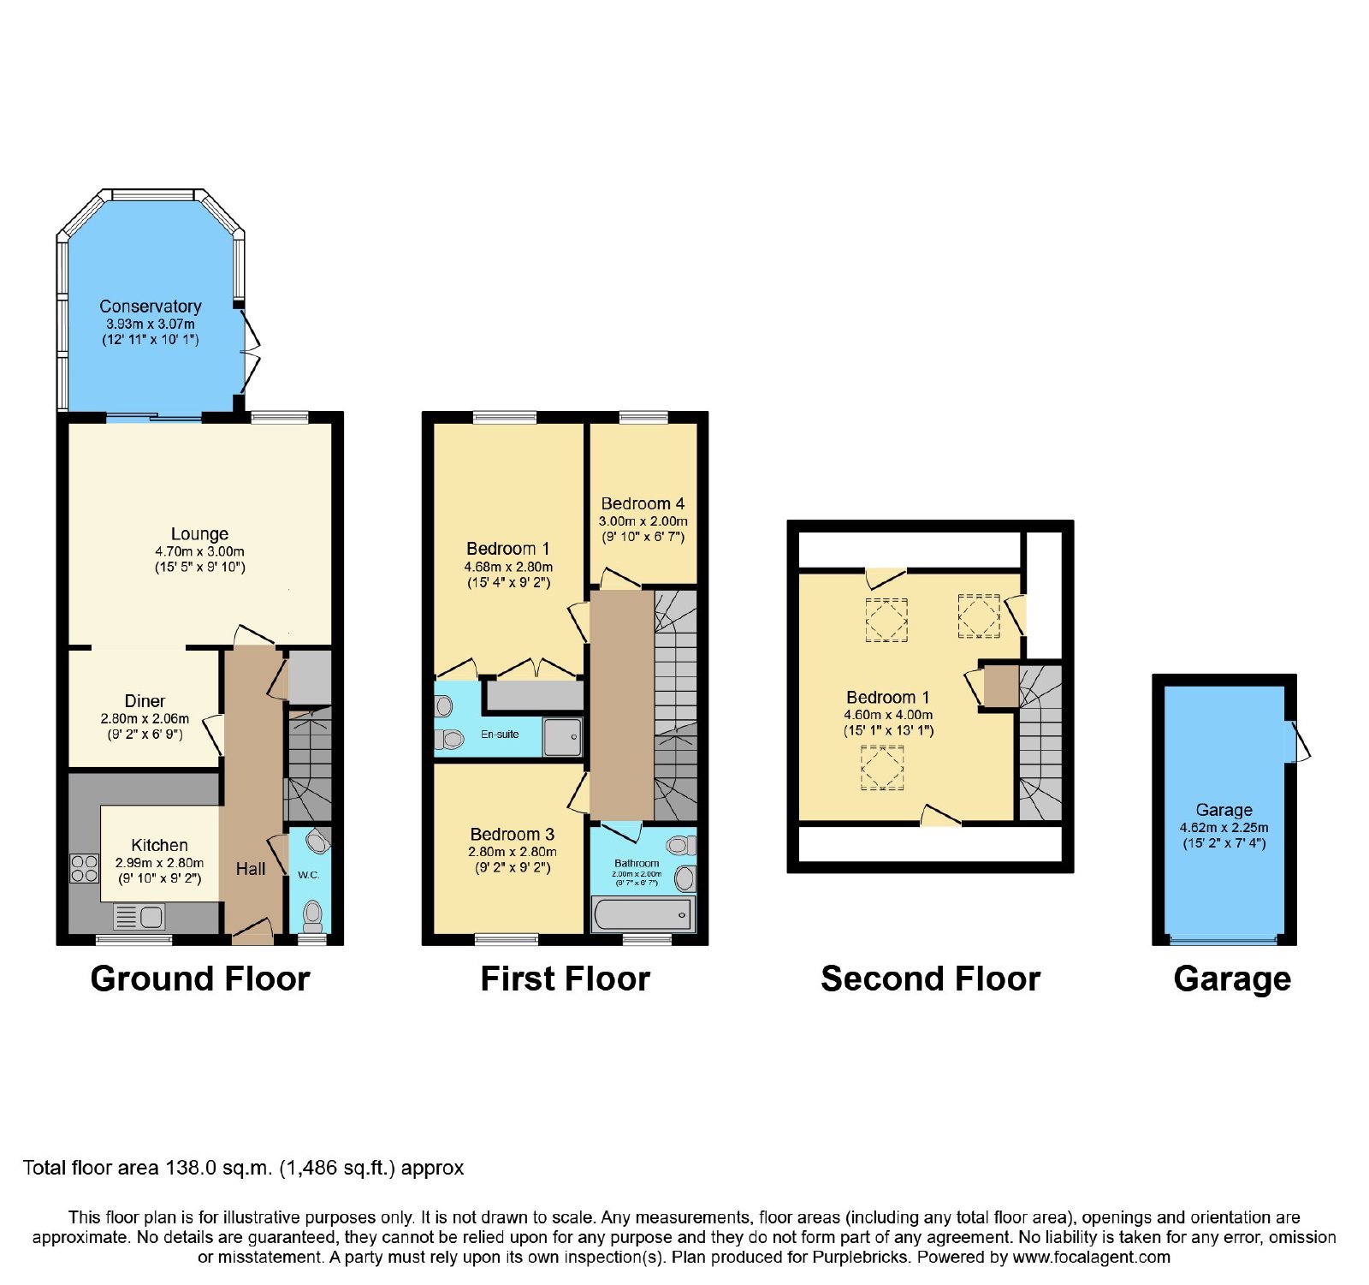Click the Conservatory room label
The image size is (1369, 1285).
pyautogui.click(x=151, y=306)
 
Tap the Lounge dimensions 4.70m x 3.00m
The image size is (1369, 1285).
pyautogui.click(x=199, y=551)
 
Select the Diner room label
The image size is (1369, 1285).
pyautogui.click(x=145, y=700)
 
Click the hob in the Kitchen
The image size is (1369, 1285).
pyautogui.click(x=85, y=868)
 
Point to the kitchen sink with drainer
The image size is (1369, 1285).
pyautogui.click(x=139, y=917)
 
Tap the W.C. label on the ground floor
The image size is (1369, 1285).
pyautogui.click(x=308, y=875)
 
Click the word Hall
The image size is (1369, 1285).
pyautogui.click(x=251, y=869)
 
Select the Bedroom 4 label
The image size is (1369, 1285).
pyautogui.click(x=643, y=503)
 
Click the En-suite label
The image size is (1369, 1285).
pyautogui.click(x=500, y=734)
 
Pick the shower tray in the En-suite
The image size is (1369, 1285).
pyautogui.click(x=562, y=736)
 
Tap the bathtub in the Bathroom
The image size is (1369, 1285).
pyautogui.click(x=643, y=915)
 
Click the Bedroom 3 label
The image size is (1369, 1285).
pyautogui.click(x=513, y=834)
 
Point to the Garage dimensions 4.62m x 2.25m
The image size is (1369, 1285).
pyautogui.click(x=1224, y=828)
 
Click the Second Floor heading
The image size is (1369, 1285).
pyautogui.click(x=930, y=979)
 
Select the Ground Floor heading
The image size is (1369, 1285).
pyautogui.click(x=200, y=979)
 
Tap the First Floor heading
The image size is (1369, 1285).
pyautogui.click(x=566, y=979)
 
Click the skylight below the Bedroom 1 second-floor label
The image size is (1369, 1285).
pyautogui.click(x=882, y=768)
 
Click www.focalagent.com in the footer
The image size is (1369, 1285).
pyautogui.click(x=1091, y=1258)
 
